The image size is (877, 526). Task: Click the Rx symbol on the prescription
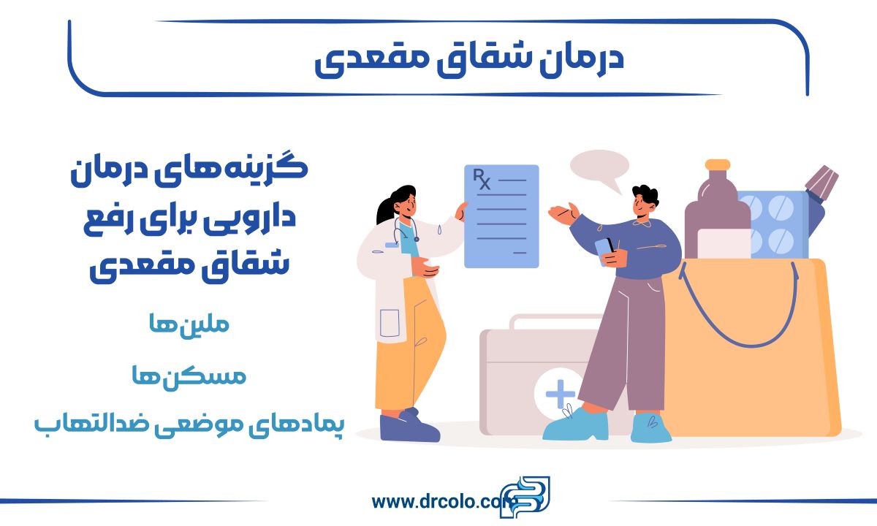[482, 179]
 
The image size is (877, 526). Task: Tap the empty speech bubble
[599, 167]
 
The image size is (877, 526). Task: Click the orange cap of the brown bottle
[718, 164]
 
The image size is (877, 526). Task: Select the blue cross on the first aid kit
[561, 393]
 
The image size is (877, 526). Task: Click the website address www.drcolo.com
[441, 501]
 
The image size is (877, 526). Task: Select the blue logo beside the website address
[525, 497]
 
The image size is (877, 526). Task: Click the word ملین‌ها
[189, 324]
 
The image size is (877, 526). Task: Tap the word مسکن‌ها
[189, 376]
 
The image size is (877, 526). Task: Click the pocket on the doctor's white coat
[390, 323]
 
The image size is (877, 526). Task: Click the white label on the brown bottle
[724, 243]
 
